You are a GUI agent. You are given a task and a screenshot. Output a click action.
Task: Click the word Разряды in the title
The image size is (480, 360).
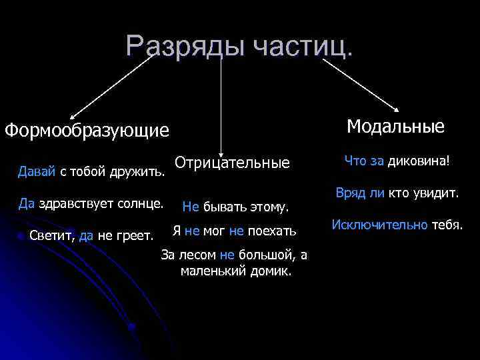click(176, 46)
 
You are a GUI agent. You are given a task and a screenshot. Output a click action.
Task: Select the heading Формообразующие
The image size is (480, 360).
click(87, 130)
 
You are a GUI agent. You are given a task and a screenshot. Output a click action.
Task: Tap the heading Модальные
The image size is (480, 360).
click(395, 127)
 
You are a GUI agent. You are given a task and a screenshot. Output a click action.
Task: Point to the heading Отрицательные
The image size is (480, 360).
click(232, 163)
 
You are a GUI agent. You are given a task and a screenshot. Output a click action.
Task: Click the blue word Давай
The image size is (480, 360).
click(37, 173)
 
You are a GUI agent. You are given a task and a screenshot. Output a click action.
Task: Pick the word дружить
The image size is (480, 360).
click(143, 173)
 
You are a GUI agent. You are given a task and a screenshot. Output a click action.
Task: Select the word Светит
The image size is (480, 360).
click(51, 235)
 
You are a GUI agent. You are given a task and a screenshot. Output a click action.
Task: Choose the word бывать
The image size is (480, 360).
click(224, 207)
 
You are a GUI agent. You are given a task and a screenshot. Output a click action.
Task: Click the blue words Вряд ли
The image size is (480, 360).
click(356, 193)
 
